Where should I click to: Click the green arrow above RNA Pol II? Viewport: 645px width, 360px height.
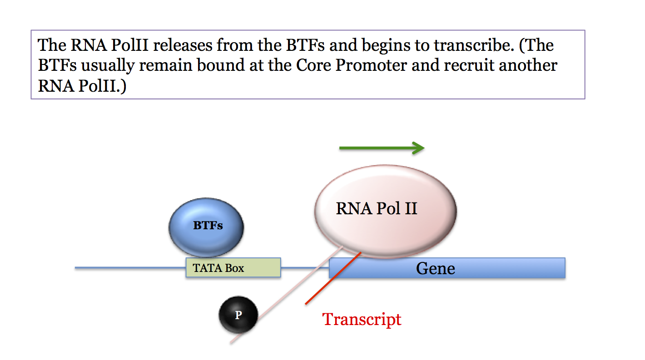tap(382, 148)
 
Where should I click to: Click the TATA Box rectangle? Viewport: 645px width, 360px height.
tap(233, 268)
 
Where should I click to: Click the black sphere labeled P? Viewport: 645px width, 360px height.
tap(238, 315)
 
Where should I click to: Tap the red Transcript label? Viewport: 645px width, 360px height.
tap(362, 320)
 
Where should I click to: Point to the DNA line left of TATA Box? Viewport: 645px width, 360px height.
tap(130, 268)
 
